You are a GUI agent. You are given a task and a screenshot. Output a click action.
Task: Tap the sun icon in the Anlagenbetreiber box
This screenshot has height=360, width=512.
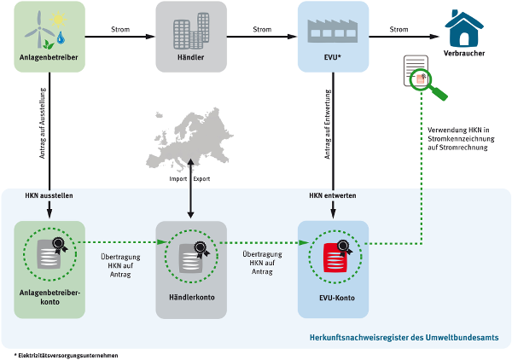coord(61,20)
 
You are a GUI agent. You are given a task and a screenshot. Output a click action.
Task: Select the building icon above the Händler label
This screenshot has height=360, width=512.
coord(191,32)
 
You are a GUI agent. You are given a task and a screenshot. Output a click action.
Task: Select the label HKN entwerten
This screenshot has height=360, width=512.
coord(333,195)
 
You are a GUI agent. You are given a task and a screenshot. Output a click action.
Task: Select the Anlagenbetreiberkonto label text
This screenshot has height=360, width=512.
coord(49,297)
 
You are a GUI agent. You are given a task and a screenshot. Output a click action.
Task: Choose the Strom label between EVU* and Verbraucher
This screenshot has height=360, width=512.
coord(399,30)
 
